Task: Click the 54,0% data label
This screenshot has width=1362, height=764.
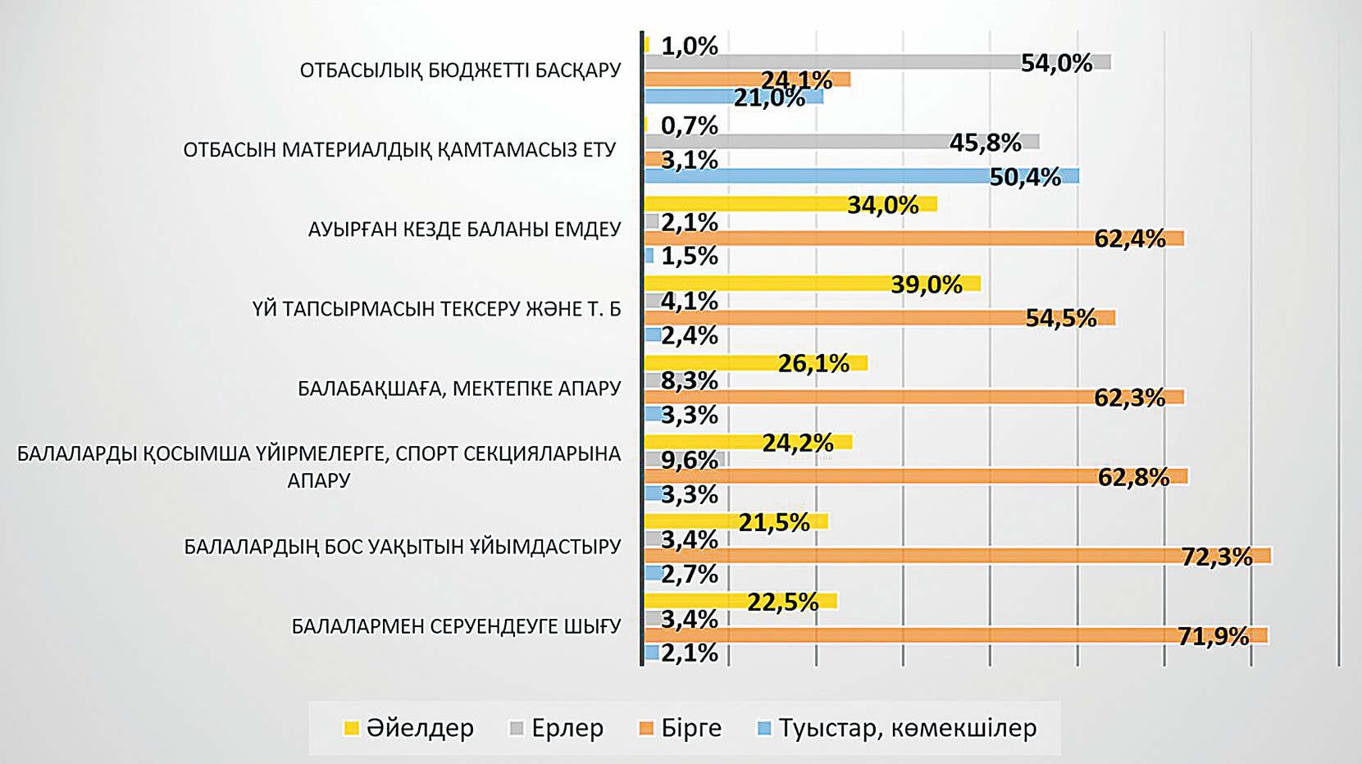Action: point(1056,63)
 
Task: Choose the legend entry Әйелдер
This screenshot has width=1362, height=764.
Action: point(408,728)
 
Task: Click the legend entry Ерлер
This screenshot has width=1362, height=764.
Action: point(557,728)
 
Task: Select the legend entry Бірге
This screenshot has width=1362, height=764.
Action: point(681,728)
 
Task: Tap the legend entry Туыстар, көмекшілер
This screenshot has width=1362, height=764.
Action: point(897,728)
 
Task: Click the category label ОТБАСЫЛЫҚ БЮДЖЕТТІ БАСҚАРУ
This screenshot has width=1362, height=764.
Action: point(460,70)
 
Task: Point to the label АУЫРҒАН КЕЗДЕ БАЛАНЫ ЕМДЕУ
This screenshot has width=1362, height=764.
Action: point(464,230)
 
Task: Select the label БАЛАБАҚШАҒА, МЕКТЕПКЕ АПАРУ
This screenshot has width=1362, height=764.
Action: point(459,389)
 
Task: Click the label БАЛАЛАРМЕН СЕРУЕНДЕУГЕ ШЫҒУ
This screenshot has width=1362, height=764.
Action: point(456,627)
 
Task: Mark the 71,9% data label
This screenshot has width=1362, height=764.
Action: point(1213,636)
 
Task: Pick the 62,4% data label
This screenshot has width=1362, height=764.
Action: point(1129,239)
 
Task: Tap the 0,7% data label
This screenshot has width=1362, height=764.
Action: point(689,125)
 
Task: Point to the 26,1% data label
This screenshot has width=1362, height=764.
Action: point(813,363)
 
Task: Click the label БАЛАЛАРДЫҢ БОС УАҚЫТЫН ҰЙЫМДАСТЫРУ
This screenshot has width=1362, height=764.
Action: point(402,547)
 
